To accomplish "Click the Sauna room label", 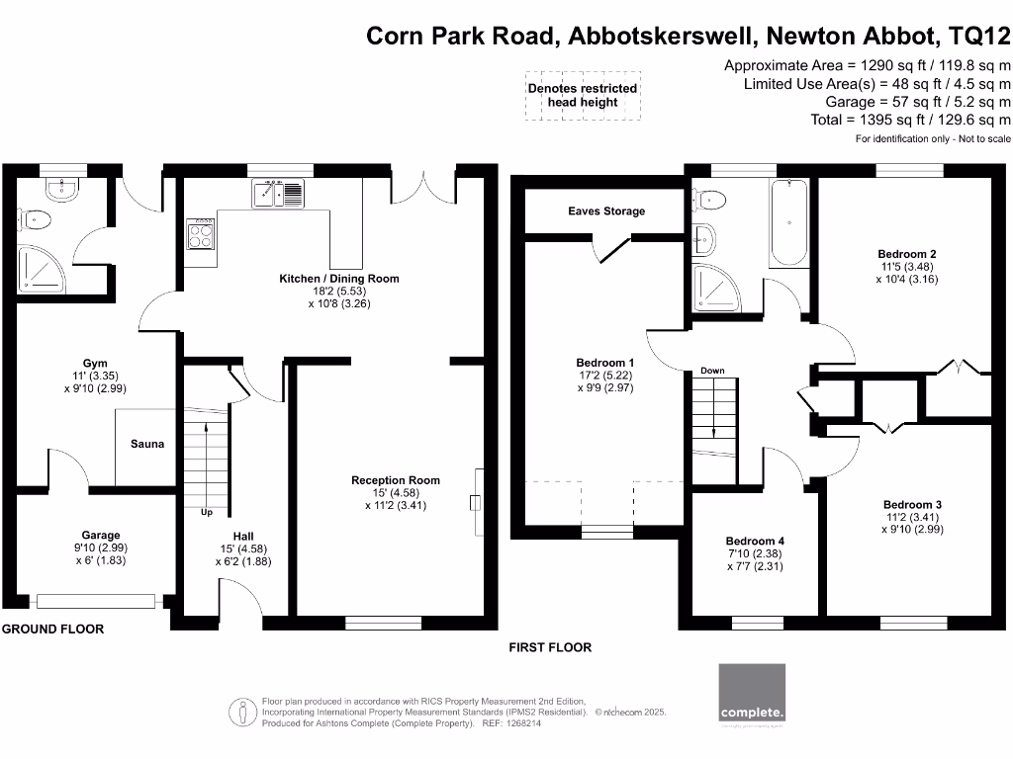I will coord(146,444).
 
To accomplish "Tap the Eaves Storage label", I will coord(606,211).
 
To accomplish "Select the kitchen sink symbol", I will coord(279,193).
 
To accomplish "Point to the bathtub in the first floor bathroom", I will coord(788,222).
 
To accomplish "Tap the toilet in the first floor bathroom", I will coord(711,200).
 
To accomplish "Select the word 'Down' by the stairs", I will coord(712,371).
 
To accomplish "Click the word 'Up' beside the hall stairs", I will coord(206,513).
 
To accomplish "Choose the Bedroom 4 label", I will coord(755,541).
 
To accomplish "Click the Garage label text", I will coord(101,535).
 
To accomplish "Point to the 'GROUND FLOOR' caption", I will coord(52,629).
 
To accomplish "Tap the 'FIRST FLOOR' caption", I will coord(550,647).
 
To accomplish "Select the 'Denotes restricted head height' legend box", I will coord(582,95).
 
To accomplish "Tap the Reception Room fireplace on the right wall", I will coord(477,489).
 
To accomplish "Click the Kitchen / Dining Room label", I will coord(339,279).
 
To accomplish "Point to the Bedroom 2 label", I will coord(907,254).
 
